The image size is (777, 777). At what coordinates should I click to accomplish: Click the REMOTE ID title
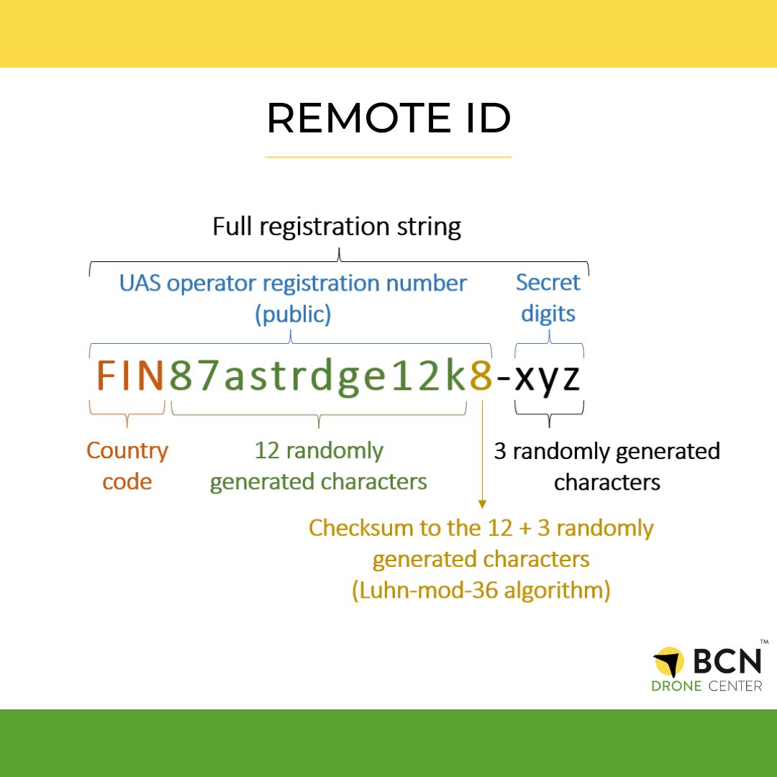click(x=388, y=119)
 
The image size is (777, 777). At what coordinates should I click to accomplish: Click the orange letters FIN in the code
click(x=130, y=376)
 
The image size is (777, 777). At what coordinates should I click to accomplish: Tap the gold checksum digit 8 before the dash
click(x=481, y=376)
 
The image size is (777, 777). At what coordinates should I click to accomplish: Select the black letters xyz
click(x=548, y=378)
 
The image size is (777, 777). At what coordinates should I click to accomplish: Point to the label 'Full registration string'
click(x=337, y=227)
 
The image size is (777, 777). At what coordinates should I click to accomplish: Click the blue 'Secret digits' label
click(x=548, y=298)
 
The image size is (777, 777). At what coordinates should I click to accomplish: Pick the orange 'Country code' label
click(x=127, y=465)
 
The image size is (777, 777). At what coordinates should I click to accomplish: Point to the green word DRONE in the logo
click(x=676, y=686)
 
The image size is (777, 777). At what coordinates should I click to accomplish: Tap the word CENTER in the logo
click(x=735, y=686)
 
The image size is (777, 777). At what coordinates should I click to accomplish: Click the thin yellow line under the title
click(x=388, y=156)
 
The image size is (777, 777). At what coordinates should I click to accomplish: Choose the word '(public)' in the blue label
click(x=293, y=315)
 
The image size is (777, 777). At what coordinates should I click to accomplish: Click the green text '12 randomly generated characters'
click(x=319, y=465)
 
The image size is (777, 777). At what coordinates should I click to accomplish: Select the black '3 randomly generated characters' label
click(x=606, y=466)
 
